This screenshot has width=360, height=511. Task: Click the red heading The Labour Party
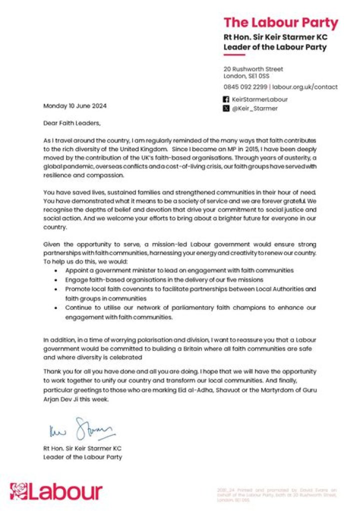[x=280, y=22]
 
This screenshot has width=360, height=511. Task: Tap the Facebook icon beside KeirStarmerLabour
[x=226, y=99]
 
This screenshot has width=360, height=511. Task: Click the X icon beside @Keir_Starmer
[x=226, y=108]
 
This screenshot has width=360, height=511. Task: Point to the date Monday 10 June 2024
[x=75, y=105]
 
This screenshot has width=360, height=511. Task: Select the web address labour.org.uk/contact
[x=305, y=86]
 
